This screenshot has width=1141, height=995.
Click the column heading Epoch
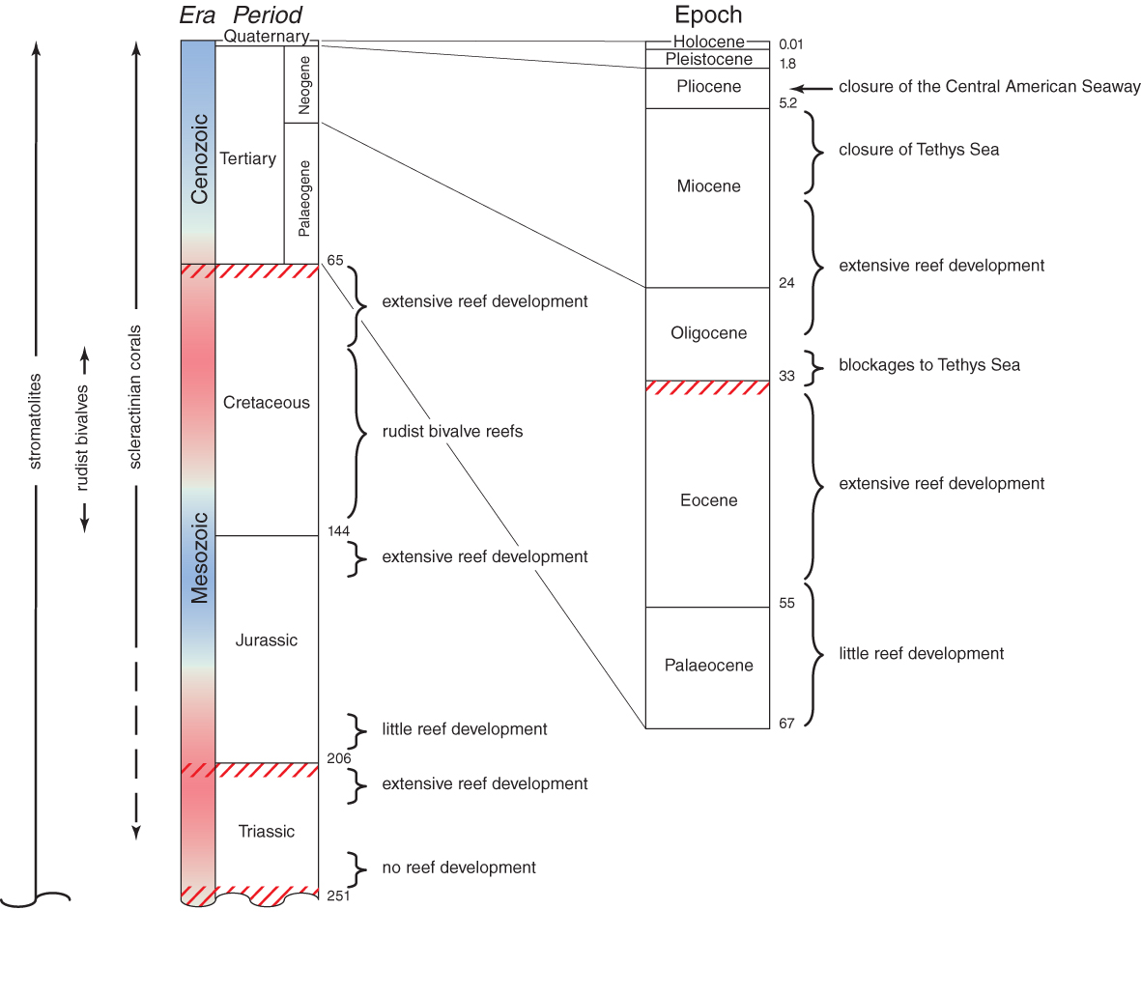tap(708, 15)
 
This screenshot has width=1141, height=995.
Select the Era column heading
tap(197, 15)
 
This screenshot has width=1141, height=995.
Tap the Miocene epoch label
tap(708, 186)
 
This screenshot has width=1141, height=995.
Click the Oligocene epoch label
tap(708, 333)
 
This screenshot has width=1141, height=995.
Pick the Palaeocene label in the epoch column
tap(708, 666)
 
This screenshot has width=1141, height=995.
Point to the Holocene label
tap(708, 42)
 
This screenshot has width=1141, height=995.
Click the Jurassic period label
tap(266, 640)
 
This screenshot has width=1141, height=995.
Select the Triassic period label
tap(266, 832)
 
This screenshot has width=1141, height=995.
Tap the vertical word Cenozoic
tap(200, 158)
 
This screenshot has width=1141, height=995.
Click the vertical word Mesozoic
tap(200, 557)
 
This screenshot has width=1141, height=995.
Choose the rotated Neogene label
tap(304, 85)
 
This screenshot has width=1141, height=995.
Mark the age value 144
tap(338, 531)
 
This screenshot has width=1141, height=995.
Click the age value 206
tap(338, 758)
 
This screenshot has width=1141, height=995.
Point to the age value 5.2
tap(787, 103)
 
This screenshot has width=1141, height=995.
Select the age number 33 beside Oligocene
tap(786, 376)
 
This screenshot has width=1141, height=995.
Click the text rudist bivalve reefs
tap(452, 432)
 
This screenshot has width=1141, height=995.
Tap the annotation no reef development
tap(459, 867)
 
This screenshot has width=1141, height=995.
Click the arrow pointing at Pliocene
tap(812, 88)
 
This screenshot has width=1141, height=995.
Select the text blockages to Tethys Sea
tap(928, 365)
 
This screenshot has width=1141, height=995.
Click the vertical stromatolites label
tap(36, 421)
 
